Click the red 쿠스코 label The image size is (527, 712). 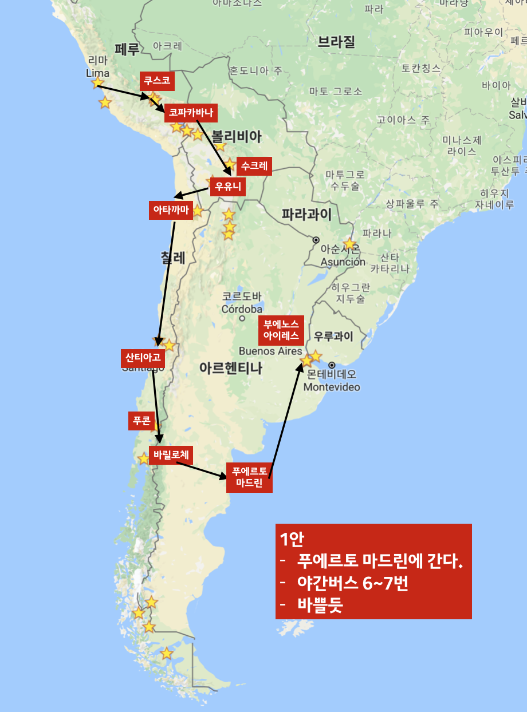click(x=157, y=81)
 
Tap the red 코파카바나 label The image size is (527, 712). click(x=191, y=113)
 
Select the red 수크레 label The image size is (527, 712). click(x=253, y=165)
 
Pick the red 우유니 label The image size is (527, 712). click(x=228, y=187)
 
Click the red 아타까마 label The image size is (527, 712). click(x=170, y=210)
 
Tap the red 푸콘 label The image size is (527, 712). click(x=141, y=421)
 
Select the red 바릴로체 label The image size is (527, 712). click(x=171, y=456)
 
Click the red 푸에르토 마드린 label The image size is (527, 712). click(x=249, y=477)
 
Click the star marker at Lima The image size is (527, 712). click(x=97, y=82)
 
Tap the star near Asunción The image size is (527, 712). click(x=349, y=244)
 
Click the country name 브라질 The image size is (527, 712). click(x=336, y=41)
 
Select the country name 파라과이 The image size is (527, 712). click(x=306, y=214)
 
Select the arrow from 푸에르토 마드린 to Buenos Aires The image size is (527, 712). click(x=285, y=418)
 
